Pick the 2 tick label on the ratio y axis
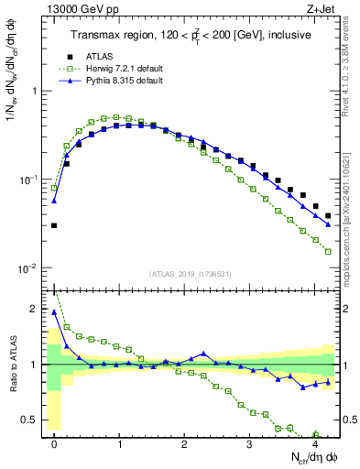pyautogui.click(x=33, y=309)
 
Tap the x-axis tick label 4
pyautogui.click(x=313, y=442)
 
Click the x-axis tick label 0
pyautogui.click(x=55, y=442)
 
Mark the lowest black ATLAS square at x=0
pyautogui.click(x=54, y=225)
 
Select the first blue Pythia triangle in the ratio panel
pyautogui.click(x=54, y=312)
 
